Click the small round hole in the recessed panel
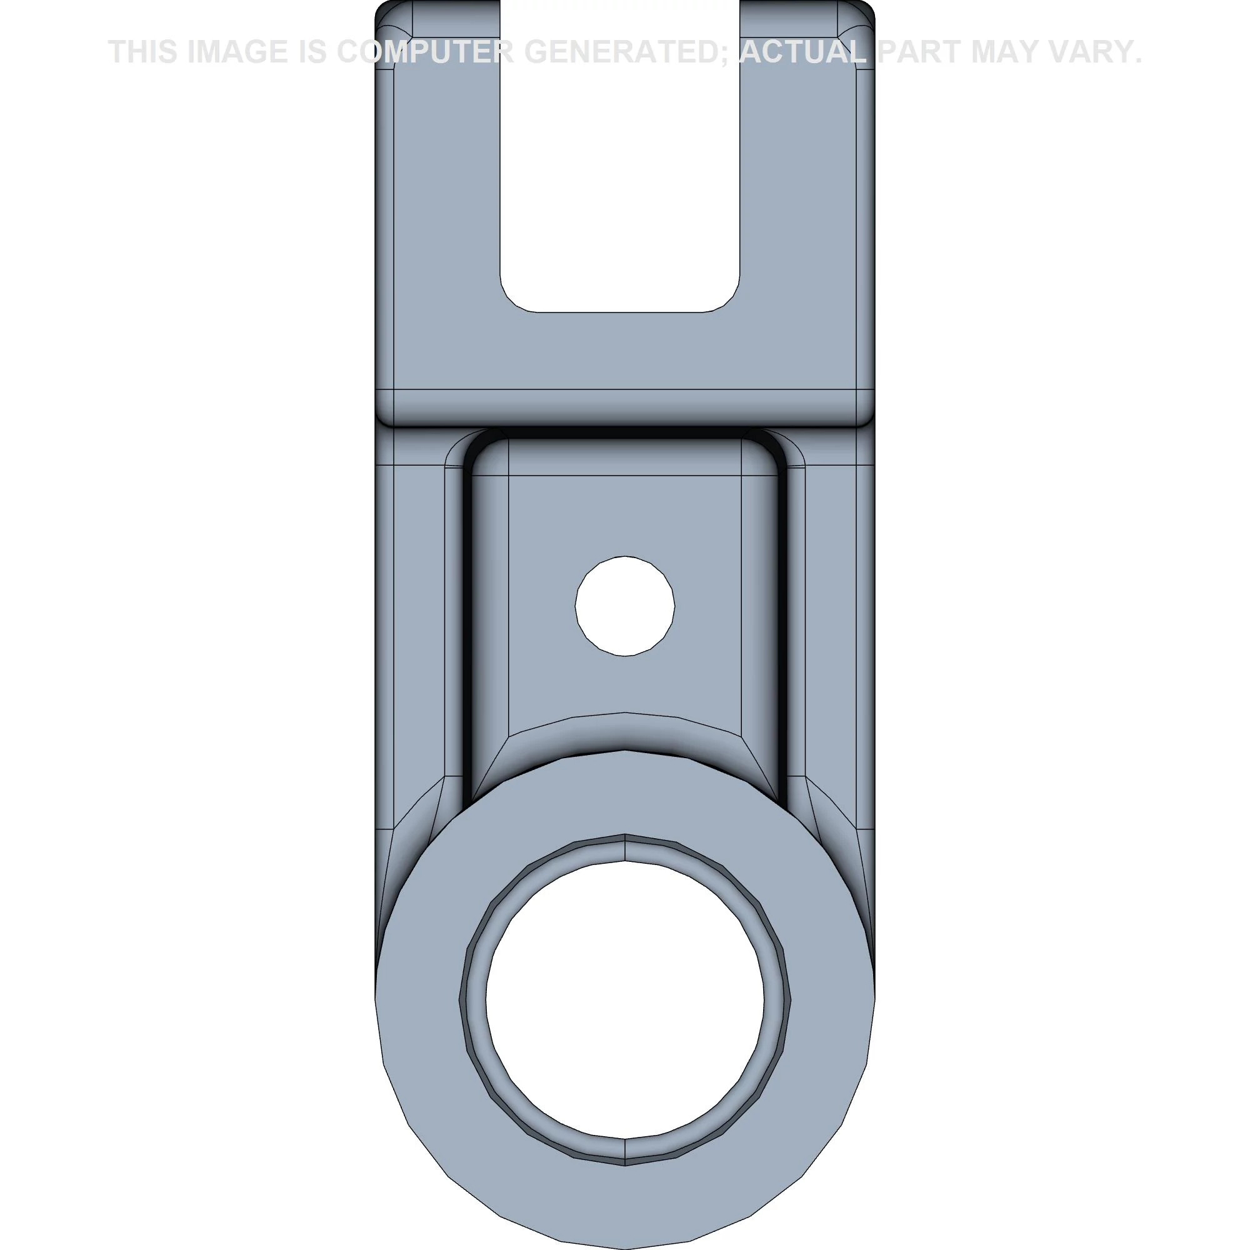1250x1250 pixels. point(625,606)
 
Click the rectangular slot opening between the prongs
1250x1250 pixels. point(620,155)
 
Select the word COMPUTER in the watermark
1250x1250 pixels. point(425,52)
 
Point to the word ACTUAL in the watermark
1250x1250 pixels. point(802,52)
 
